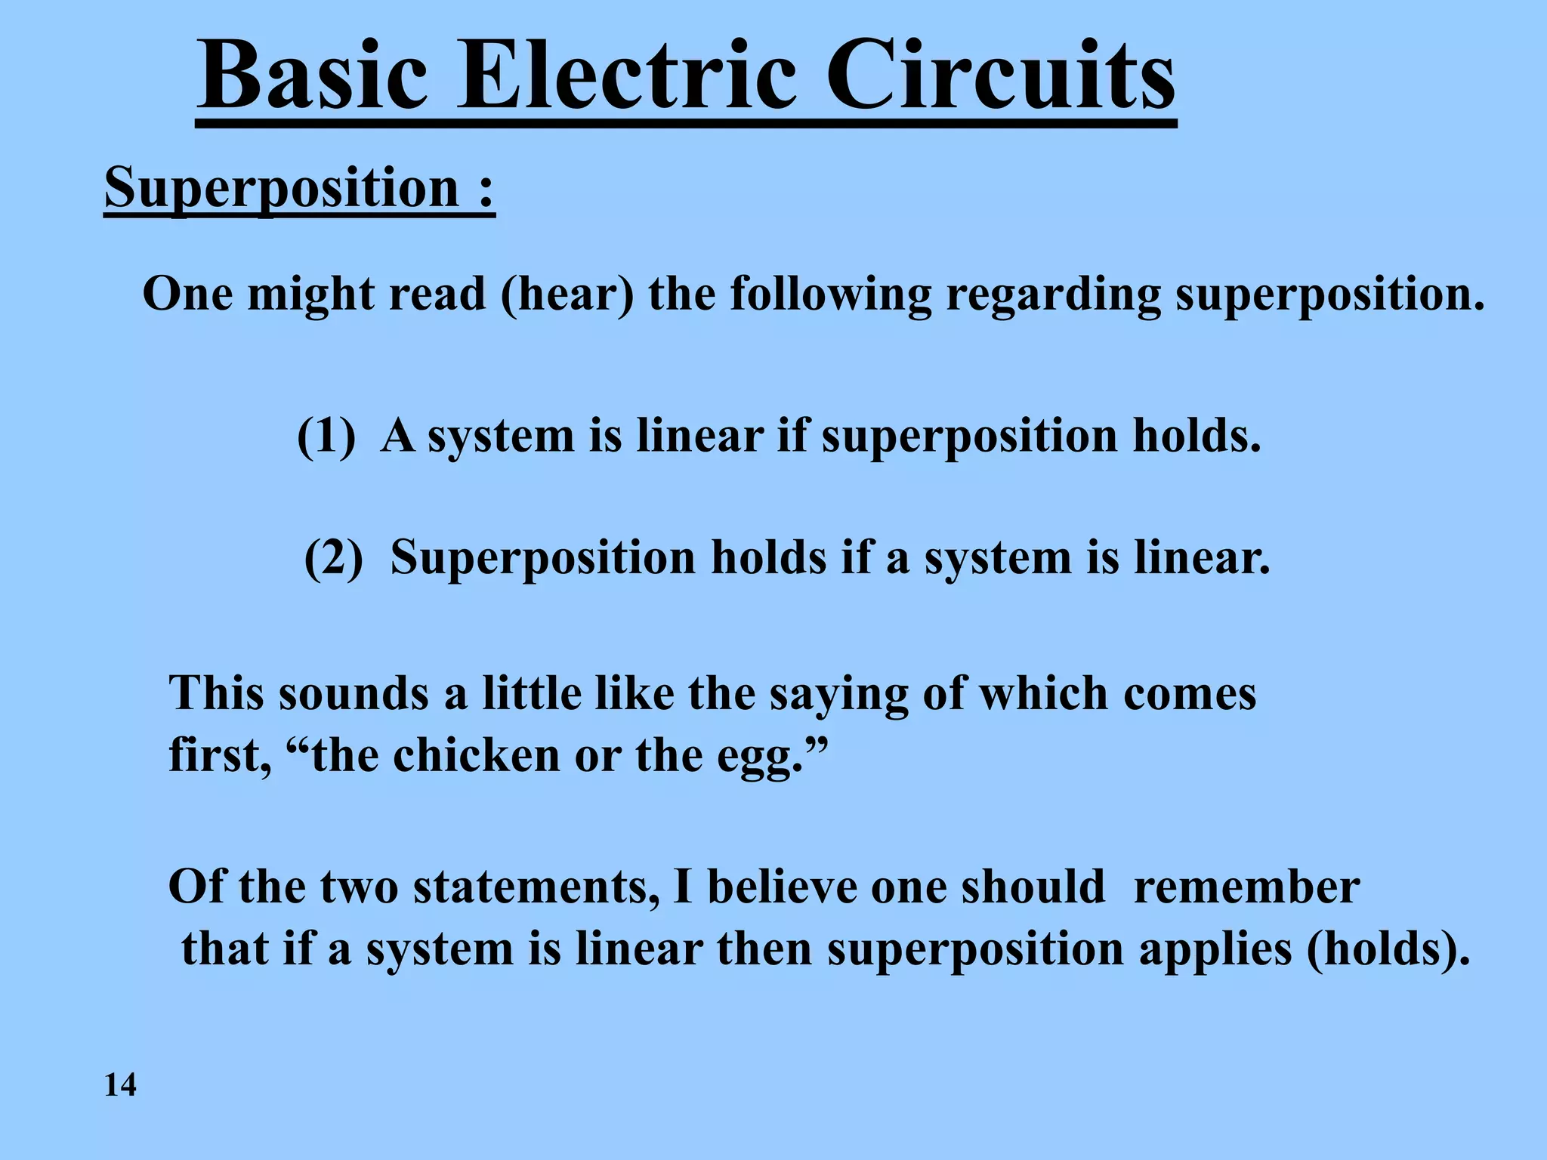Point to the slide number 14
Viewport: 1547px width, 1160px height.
(x=120, y=1085)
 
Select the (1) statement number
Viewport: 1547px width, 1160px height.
(x=326, y=437)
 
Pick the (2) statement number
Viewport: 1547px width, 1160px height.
(x=334, y=558)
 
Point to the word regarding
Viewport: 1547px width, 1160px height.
(x=1053, y=295)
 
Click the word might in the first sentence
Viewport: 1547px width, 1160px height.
(x=310, y=295)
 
